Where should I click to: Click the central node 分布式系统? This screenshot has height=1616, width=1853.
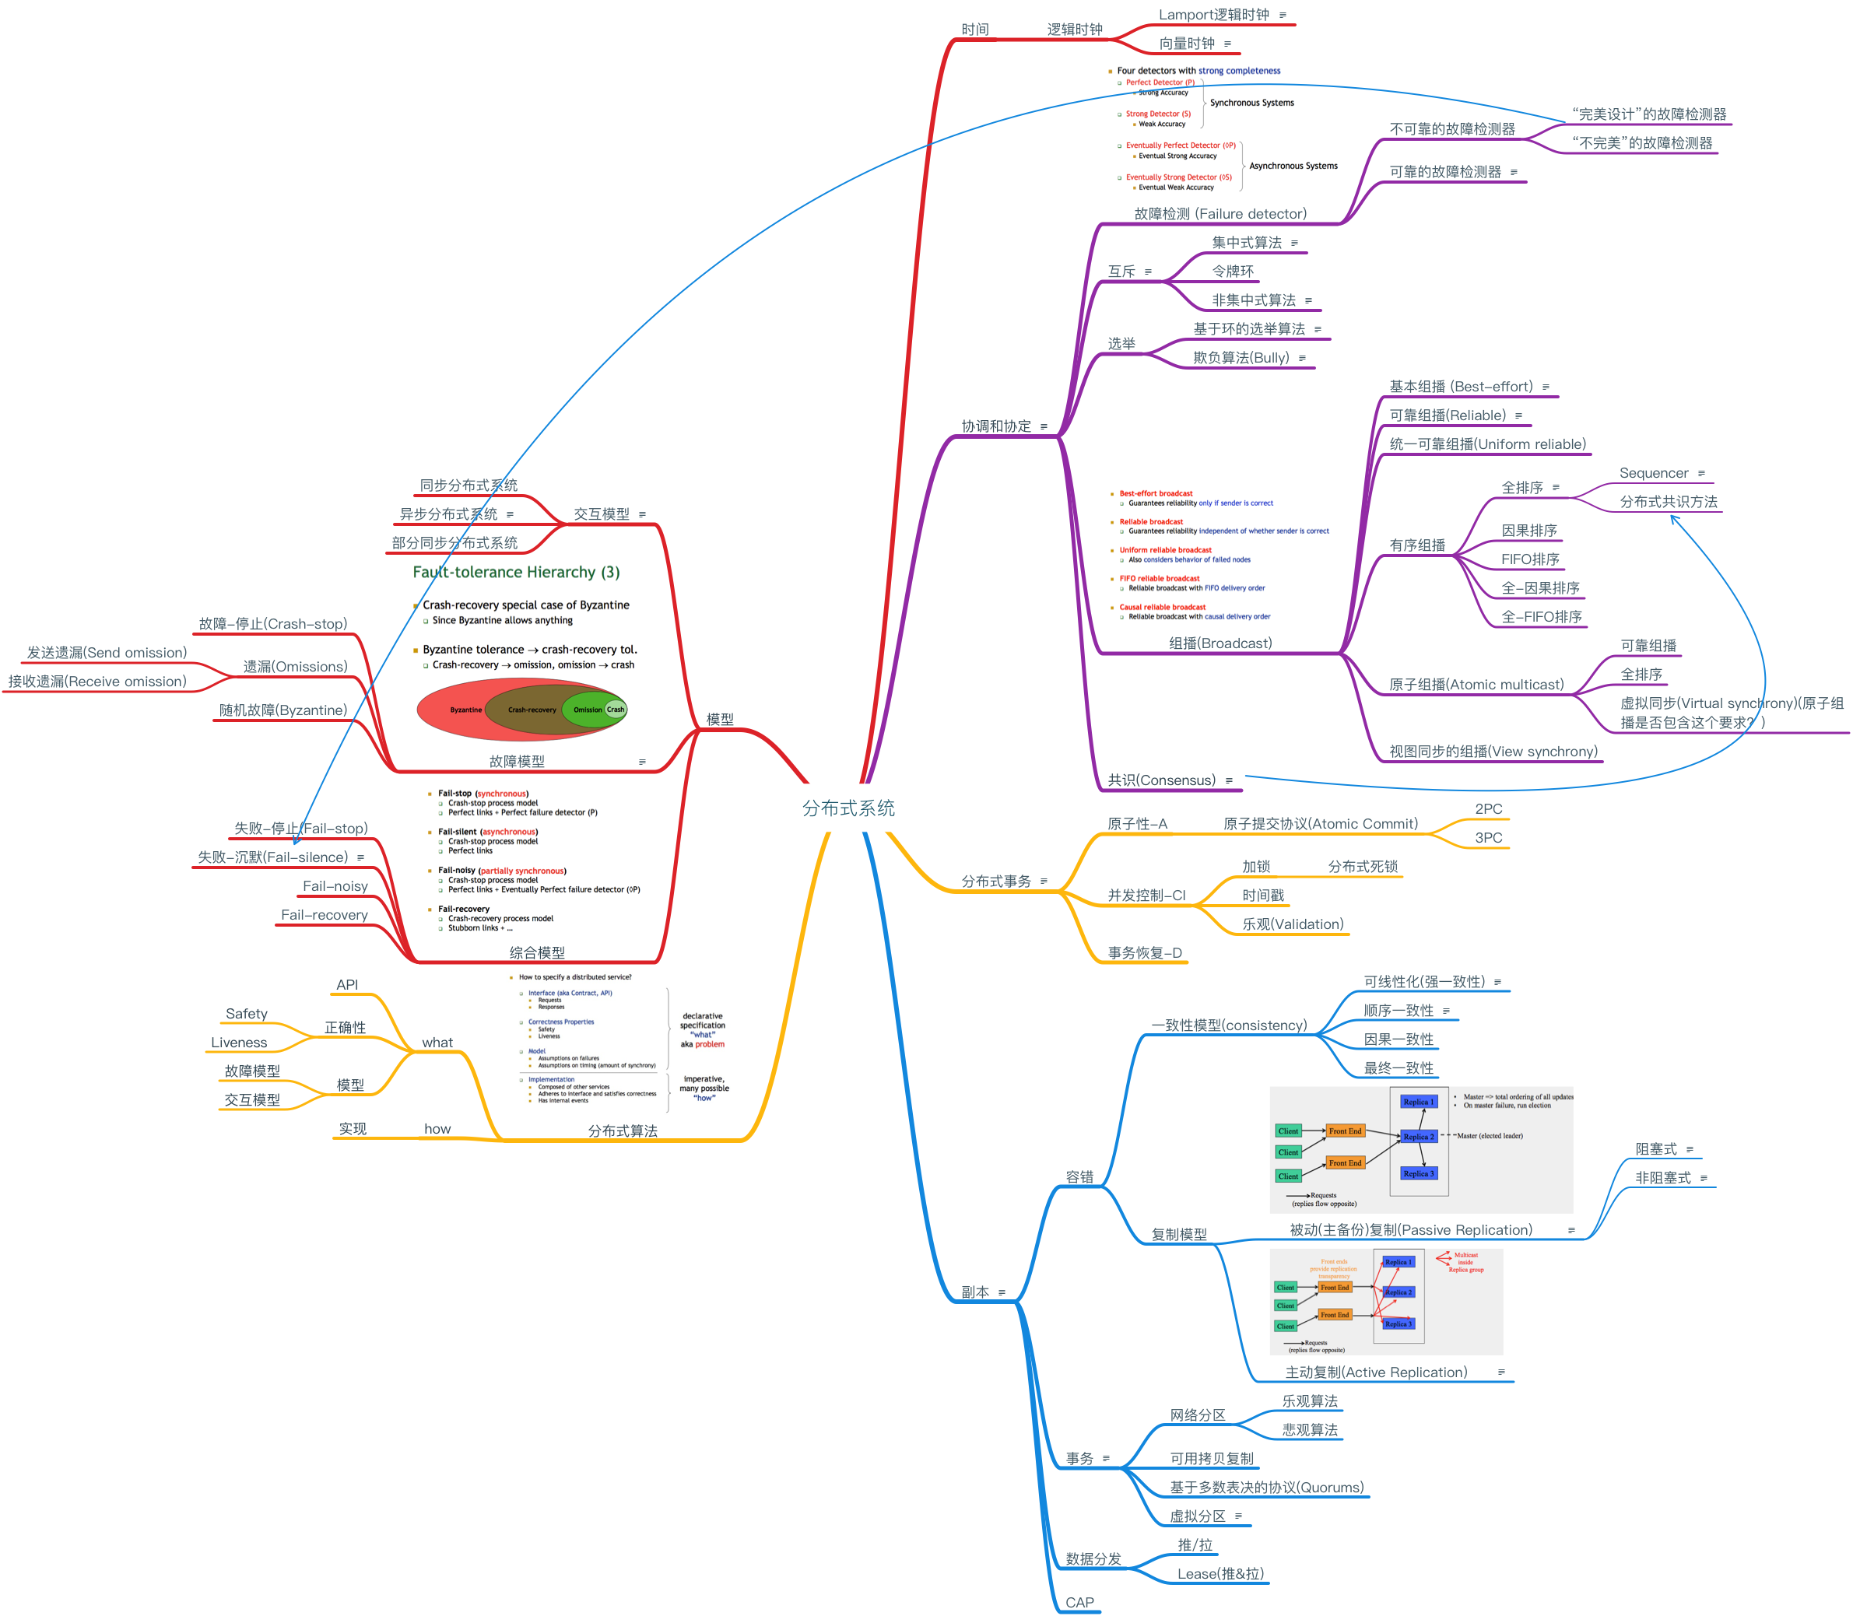(848, 808)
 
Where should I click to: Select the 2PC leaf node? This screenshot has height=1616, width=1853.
(1489, 809)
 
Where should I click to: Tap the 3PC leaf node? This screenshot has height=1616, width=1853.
(1489, 838)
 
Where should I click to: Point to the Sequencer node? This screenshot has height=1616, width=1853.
(1653, 473)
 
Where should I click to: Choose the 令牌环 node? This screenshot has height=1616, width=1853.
(1232, 272)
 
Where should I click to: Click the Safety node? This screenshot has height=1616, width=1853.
(246, 1014)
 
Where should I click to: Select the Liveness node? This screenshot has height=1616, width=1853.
(239, 1043)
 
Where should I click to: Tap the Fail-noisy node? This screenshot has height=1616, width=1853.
(335, 886)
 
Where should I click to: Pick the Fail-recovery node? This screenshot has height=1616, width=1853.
(324, 915)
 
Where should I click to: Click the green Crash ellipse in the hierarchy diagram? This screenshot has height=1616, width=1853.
(616, 709)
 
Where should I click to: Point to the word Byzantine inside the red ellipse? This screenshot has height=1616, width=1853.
(465, 710)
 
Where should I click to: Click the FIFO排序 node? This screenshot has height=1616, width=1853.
(1530, 559)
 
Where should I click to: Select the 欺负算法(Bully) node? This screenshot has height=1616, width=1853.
(1241, 358)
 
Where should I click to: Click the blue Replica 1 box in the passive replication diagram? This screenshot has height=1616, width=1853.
(1418, 1101)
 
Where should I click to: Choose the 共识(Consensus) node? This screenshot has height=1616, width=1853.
(1161, 780)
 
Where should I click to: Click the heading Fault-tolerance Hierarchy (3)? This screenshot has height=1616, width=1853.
(516, 572)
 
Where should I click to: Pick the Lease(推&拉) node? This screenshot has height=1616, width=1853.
(1220, 1574)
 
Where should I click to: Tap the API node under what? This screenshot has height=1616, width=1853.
(346, 985)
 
